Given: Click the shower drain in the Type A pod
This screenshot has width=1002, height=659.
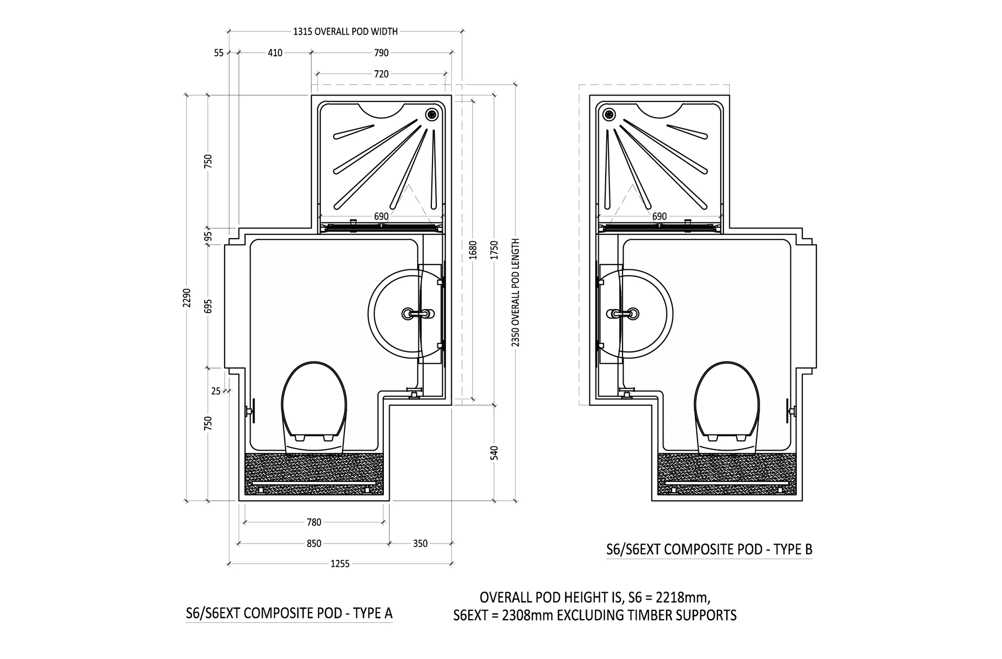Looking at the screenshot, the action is [x=432, y=114].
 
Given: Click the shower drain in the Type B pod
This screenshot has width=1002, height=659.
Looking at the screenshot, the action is [x=609, y=114].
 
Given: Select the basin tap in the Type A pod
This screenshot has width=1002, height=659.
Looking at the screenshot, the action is [x=418, y=313].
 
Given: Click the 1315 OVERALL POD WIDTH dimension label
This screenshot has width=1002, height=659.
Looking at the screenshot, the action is [x=346, y=31].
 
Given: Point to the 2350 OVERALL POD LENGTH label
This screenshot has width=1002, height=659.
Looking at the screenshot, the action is [x=516, y=292].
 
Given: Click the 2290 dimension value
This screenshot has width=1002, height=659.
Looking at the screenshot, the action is [x=187, y=297].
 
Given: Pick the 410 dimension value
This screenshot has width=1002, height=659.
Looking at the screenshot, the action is [x=275, y=53].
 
